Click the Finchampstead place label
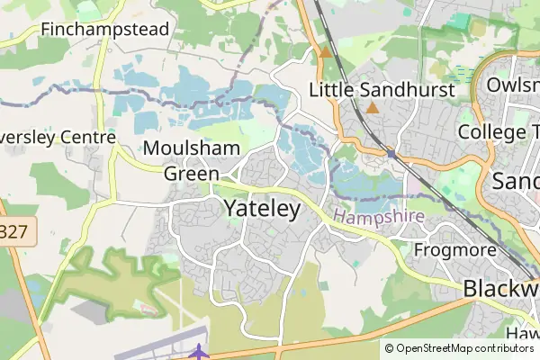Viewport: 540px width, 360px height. tap(104, 29)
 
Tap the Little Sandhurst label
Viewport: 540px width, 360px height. tap(381, 90)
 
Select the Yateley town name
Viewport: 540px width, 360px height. tap(262, 208)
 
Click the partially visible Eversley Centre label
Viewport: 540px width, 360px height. tap(58, 138)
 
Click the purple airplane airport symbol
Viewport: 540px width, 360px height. tap(200, 351)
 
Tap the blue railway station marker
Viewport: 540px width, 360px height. tap(391, 154)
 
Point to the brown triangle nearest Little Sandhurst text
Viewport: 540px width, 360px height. tap(373, 108)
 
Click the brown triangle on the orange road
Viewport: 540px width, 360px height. tap(325, 52)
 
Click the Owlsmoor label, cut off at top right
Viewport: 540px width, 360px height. tap(513, 85)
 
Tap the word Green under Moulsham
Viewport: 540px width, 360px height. tap(191, 173)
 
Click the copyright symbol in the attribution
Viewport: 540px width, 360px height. tap(389, 348)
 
